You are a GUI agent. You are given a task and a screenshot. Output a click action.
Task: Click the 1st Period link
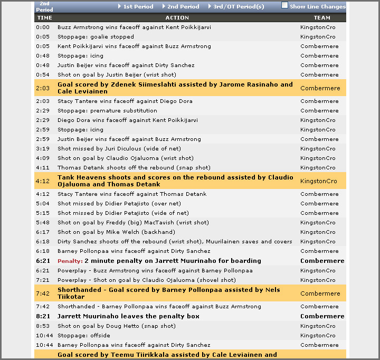[x=138, y=6]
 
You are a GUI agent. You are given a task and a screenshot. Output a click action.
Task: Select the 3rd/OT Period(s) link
[x=239, y=6]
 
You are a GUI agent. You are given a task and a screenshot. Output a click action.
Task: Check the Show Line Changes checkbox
[x=285, y=5]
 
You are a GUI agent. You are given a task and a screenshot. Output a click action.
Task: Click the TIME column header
[x=45, y=17]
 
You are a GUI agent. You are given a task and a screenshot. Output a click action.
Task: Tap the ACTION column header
[x=177, y=17]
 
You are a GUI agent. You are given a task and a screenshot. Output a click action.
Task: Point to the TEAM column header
[x=322, y=17]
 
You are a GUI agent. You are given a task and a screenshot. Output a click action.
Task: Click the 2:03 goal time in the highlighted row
[x=42, y=88]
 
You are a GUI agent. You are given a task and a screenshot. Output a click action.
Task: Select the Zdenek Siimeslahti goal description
[x=175, y=88]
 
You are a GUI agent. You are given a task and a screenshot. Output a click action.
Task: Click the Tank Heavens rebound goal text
[x=175, y=181]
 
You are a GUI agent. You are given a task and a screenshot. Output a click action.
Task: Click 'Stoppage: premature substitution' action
[x=107, y=110]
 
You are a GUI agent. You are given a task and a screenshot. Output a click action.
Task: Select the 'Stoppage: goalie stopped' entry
[x=96, y=36]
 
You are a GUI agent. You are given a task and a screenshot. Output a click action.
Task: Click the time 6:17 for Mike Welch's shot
[x=42, y=232]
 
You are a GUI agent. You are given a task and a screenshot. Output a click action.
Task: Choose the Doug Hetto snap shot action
[x=117, y=326]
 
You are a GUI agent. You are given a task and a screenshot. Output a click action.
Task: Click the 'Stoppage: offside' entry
[x=84, y=335]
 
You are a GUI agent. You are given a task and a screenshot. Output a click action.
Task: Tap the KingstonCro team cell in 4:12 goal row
[x=318, y=181]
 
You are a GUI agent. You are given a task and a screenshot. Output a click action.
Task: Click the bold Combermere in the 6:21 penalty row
[x=322, y=261]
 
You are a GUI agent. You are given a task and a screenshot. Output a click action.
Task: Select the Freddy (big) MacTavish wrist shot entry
[x=133, y=222]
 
